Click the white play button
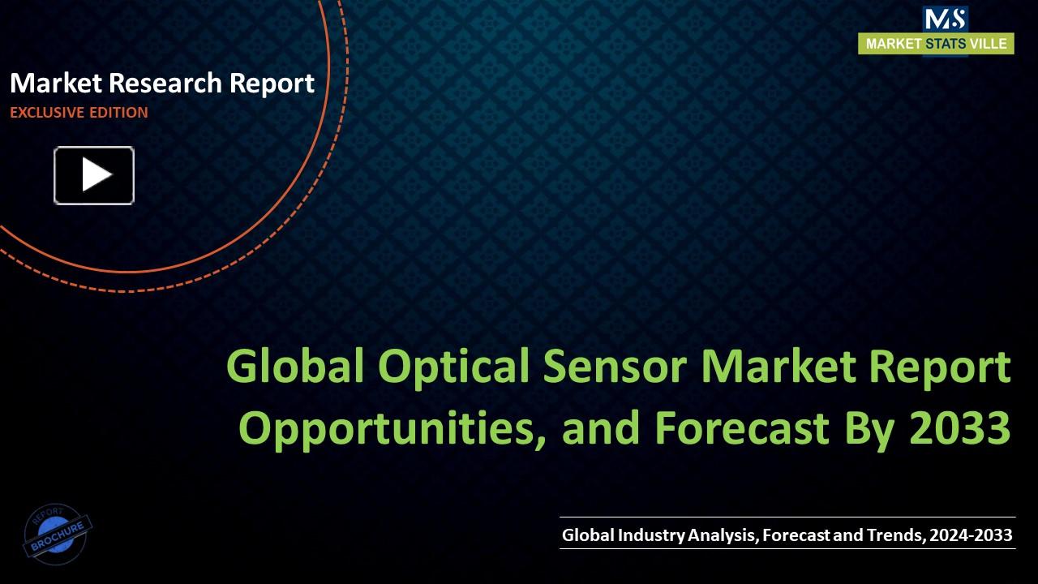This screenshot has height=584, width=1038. (94, 175)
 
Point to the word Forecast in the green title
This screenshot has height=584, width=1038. (741, 427)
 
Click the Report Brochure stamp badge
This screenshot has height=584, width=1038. (58, 535)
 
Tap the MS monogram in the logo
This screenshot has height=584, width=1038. (945, 19)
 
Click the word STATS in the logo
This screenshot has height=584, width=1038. (946, 44)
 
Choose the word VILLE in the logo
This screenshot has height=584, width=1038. (989, 44)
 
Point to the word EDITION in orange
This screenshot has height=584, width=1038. (118, 113)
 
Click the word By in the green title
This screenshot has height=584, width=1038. (871, 427)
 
